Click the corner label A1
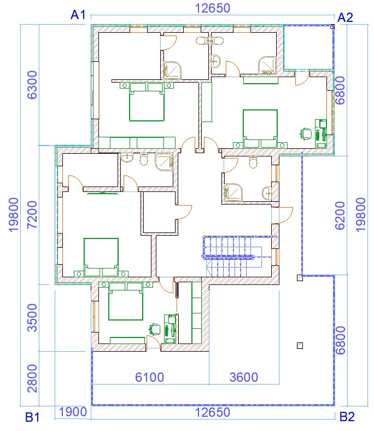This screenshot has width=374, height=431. pyautogui.click(x=78, y=15)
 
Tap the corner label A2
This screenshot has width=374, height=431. pyautogui.click(x=345, y=18)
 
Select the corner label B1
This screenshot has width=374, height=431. pyautogui.click(x=32, y=417)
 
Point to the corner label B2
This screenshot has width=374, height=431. pyautogui.click(x=347, y=417)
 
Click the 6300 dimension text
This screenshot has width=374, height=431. pyautogui.click(x=32, y=85)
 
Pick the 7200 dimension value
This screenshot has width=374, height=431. pyautogui.click(x=32, y=215)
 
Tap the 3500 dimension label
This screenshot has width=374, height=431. pyautogui.click(x=32, y=318)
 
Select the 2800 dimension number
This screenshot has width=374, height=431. pyautogui.click(x=32, y=378)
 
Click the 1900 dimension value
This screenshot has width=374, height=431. pyautogui.click(x=73, y=412)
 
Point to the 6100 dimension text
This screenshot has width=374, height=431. pyautogui.click(x=149, y=377)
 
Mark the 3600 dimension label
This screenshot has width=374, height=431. pyautogui.click(x=244, y=377)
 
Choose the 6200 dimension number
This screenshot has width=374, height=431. pyautogui.click(x=340, y=215)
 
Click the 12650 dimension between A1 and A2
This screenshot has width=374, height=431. pyautogui.click(x=212, y=8)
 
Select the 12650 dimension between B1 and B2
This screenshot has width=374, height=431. pyautogui.click(x=212, y=412)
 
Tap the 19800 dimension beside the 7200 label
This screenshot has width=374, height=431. pyautogui.click(x=14, y=215)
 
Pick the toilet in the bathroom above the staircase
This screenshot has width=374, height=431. pyautogui.click(x=253, y=162)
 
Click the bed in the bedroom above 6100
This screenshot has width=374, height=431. pyautogui.click(x=126, y=301)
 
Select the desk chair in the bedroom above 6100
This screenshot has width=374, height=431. pyautogui.click(x=155, y=329)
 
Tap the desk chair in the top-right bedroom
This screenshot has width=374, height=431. pyautogui.click(x=306, y=134)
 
